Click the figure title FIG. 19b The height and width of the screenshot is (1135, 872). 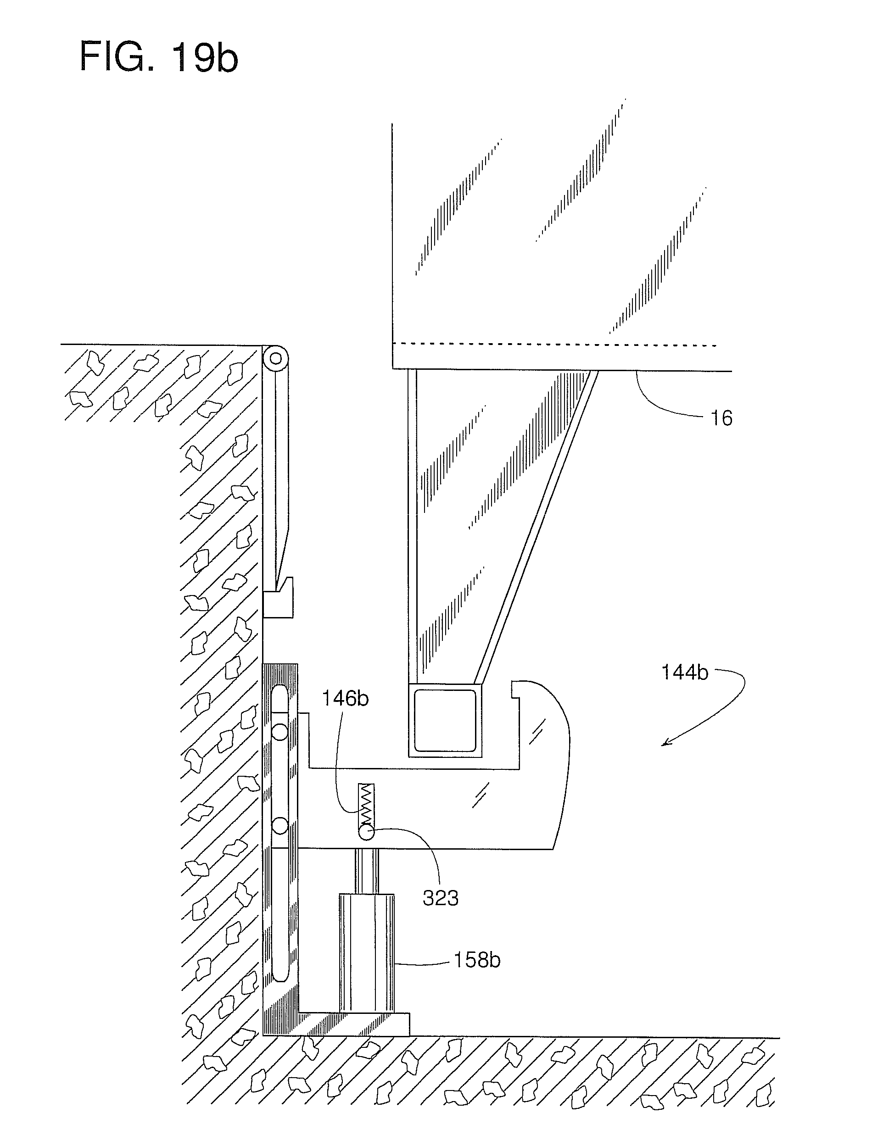click(x=158, y=57)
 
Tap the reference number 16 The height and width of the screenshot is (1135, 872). click(x=721, y=418)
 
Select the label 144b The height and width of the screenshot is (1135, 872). click(x=684, y=673)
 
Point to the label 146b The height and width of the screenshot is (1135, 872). click(x=345, y=699)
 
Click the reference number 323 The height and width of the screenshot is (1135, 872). click(x=440, y=898)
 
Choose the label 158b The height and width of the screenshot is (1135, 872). click(x=477, y=960)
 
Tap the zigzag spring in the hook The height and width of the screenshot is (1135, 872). click(x=367, y=804)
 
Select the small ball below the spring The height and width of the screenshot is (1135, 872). click(x=366, y=833)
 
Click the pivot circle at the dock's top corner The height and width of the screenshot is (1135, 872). click(x=275, y=358)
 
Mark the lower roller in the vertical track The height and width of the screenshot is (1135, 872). click(x=280, y=826)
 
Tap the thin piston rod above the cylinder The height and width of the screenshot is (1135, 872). click(x=366, y=871)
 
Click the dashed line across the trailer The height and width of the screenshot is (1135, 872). click(x=555, y=345)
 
